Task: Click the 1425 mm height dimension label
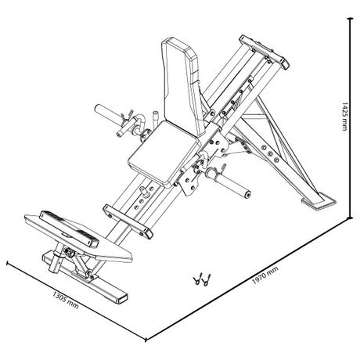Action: click(x=344, y=117)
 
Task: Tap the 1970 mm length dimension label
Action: click(x=265, y=275)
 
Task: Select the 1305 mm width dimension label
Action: click(x=66, y=300)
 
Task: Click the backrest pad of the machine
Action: click(x=182, y=86)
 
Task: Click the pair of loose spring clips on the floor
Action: click(x=203, y=279)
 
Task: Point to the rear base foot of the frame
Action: click(x=319, y=201)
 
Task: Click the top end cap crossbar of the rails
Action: click(x=264, y=52)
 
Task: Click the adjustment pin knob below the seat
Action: click(x=144, y=191)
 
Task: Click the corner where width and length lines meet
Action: click(x=146, y=340)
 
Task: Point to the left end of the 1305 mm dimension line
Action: click(x=7, y=263)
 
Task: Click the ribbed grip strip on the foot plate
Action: click(x=69, y=229)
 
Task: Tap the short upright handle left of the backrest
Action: click(x=155, y=118)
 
